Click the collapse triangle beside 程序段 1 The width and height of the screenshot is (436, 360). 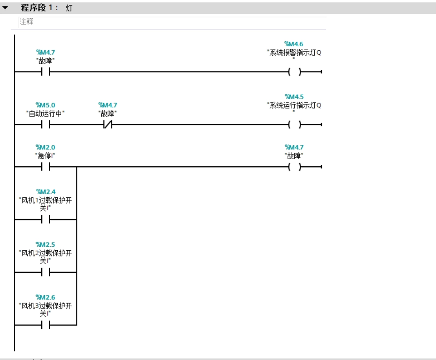5,8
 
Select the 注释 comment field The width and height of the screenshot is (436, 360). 172,22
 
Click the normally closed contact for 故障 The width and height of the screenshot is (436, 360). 108,124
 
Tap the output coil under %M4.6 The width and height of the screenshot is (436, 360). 295,72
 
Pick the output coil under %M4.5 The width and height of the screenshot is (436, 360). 295,124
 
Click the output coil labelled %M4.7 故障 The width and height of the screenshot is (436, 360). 295,167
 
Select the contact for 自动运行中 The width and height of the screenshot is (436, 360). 46,124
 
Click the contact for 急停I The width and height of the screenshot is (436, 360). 46,167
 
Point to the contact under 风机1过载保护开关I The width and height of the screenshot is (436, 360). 46,220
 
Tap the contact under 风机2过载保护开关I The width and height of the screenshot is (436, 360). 46,272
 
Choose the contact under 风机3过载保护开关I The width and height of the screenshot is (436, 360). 46,325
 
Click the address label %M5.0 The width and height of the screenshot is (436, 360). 45,105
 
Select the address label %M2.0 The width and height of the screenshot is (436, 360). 45,147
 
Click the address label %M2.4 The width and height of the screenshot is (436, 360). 46,192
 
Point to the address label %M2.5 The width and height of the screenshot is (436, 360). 45,244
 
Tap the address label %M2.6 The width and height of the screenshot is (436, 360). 45,297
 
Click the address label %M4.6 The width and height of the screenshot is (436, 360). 293,44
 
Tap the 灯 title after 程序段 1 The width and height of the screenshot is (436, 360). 69,8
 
